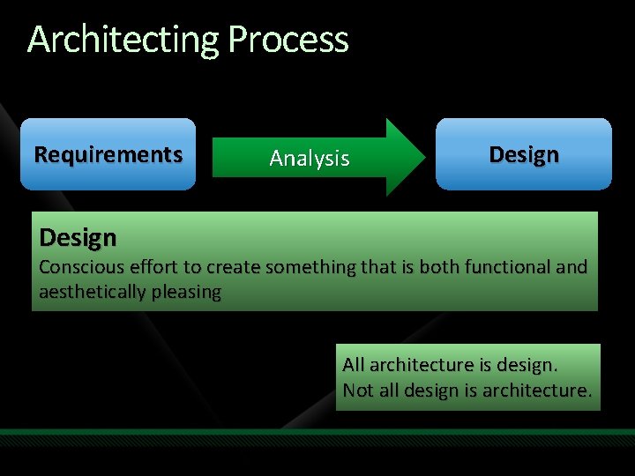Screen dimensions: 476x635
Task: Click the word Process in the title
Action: (x=288, y=41)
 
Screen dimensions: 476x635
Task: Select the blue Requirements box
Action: (x=108, y=154)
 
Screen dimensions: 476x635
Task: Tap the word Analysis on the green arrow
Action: (x=310, y=159)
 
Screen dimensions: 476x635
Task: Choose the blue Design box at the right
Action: (x=523, y=154)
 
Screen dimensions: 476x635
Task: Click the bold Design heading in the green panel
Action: (x=78, y=238)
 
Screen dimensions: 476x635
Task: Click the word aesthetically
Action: (x=93, y=293)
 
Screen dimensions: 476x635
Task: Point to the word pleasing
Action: (x=187, y=293)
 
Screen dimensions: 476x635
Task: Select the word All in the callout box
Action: (x=354, y=365)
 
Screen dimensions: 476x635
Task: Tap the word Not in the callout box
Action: (x=357, y=390)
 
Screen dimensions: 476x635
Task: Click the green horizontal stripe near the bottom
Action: (x=317, y=433)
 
